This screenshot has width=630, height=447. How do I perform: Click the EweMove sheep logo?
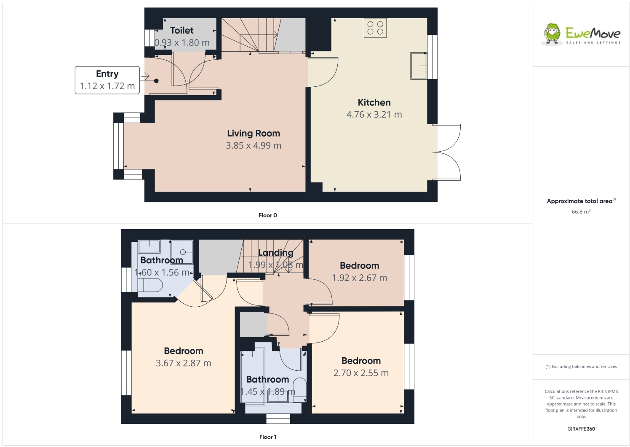tap(552, 34)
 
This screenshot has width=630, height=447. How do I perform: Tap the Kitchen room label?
tap(374, 102)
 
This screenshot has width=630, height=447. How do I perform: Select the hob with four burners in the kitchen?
tap(375, 28)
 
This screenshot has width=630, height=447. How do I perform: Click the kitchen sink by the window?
tap(419, 66)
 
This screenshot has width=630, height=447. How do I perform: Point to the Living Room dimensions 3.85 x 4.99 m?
tap(253, 146)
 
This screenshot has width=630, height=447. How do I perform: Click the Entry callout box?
tap(107, 80)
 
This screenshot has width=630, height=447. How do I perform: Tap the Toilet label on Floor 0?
tap(182, 30)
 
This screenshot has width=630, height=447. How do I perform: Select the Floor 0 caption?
tap(267, 215)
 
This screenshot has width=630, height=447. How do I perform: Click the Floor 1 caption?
tap(267, 437)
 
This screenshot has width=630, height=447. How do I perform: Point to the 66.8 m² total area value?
tap(581, 211)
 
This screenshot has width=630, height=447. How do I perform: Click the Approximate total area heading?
tap(580, 201)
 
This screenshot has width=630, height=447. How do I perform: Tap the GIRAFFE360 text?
tap(581, 429)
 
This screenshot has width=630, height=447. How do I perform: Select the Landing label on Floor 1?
tap(275, 253)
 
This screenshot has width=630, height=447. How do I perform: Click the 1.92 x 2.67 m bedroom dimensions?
tap(359, 278)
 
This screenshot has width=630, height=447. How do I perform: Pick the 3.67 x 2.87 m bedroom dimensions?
tap(183, 363)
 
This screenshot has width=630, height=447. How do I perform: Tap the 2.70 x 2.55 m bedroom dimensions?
tap(361, 373)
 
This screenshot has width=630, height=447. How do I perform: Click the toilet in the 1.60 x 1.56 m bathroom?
tap(150, 285)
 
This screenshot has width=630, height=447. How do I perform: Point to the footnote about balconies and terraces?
tap(581, 367)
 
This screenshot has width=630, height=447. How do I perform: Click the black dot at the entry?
tap(156, 81)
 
